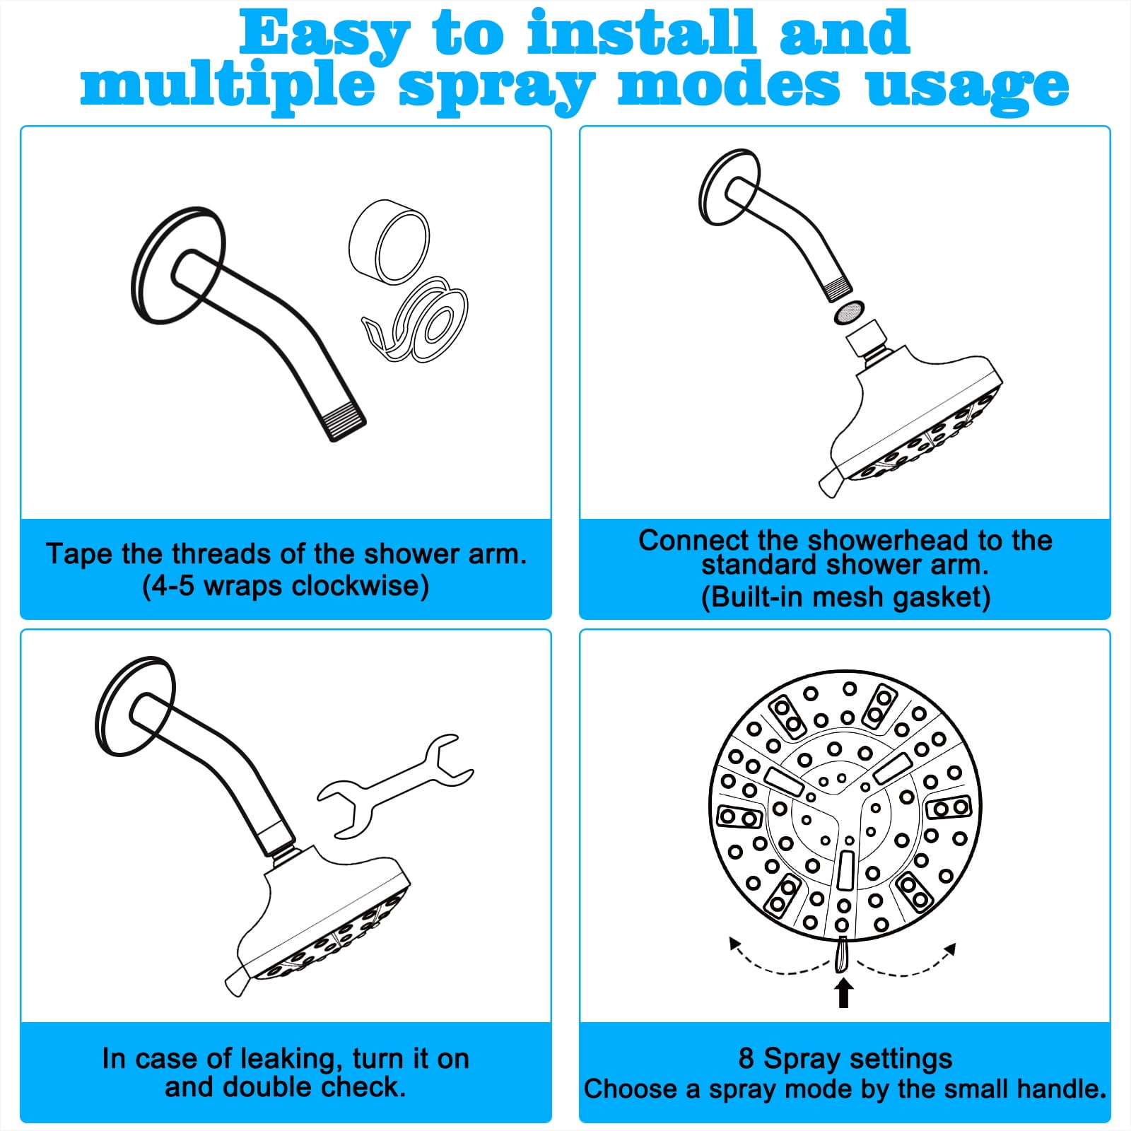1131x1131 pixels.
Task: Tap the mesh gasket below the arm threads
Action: click(x=850, y=311)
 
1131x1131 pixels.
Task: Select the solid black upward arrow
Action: click(x=843, y=992)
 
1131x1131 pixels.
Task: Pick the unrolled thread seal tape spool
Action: click(x=417, y=322)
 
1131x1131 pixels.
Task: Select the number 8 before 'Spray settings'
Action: click(x=746, y=1059)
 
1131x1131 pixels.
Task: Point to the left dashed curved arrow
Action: click(x=778, y=964)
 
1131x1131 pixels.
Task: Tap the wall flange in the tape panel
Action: click(x=178, y=266)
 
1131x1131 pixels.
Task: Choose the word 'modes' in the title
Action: click(x=729, y=86)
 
